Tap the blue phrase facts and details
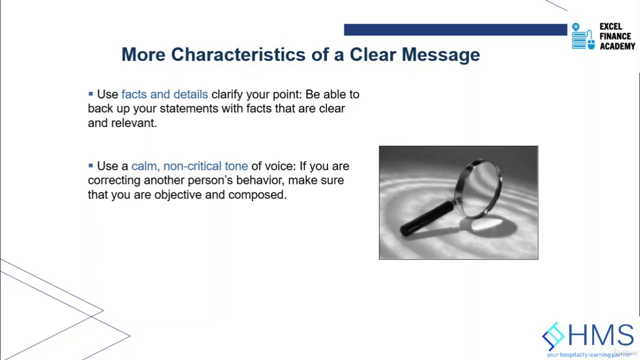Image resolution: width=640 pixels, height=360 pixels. (164, 94)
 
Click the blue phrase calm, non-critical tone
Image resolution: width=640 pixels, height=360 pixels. (189, 166)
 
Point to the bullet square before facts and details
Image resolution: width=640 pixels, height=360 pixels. (90, 93)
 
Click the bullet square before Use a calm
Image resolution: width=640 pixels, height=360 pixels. (90, 165)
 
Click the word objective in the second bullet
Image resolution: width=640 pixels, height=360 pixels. (178, 195)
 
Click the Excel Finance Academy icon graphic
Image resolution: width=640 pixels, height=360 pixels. (583, 36)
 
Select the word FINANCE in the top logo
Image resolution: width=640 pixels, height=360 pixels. (615, 36)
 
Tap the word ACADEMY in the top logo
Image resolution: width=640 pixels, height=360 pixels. (617, 46)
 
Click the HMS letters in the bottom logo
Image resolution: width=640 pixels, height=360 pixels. (600, 335)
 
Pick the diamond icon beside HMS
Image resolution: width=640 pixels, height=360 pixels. (553, 335)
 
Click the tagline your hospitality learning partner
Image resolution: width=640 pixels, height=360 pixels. (588, 355)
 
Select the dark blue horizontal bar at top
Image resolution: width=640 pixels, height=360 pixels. (455, 30)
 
